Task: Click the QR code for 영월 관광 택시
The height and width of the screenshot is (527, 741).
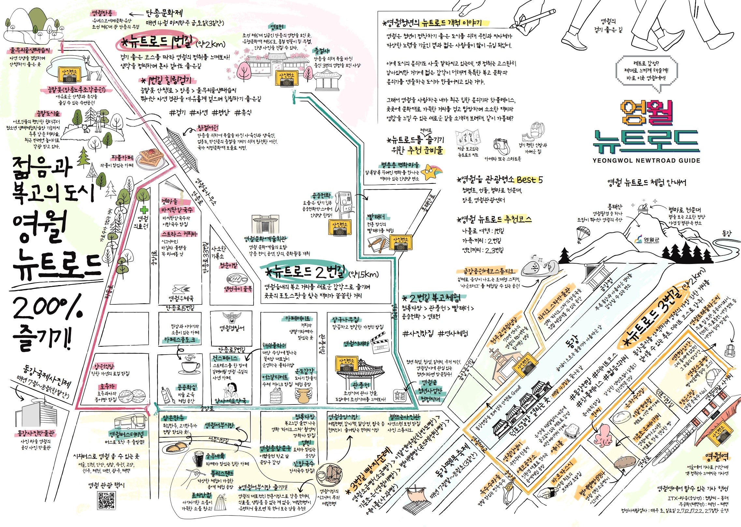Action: click(x=107, y=500)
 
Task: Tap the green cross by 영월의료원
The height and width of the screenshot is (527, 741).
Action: click(x=142, y=210)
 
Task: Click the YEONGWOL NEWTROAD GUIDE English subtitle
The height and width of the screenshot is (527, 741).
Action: click(x=647, y=160)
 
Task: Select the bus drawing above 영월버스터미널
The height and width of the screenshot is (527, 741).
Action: click(x=131, y=422)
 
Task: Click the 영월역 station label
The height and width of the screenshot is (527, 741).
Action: click(x=716, y=457)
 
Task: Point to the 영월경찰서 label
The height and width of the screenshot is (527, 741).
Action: click(x=232, y=328)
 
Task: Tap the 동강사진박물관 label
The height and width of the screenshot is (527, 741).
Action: click(x=36, y=433)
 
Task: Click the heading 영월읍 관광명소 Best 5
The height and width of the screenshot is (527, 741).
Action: click(x=500, y=180)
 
